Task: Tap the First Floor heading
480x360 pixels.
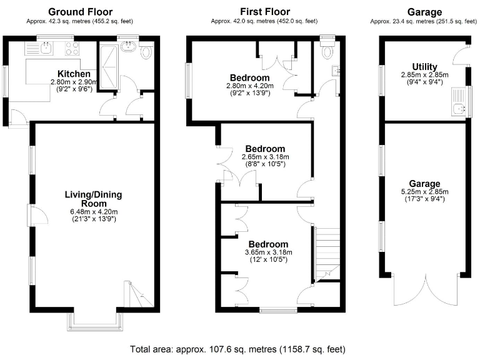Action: click(x=265, y=12)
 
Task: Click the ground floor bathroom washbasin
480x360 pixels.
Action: click(x=130, y=46)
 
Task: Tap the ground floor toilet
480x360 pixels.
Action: click(x=147, y=52)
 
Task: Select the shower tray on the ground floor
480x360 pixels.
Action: click(x=109, y=66)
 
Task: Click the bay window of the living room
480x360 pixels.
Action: click(x=94, y=320)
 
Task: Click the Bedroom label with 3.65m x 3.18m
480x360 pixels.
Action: click(x=268, y=244)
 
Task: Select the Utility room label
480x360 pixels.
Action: click(x=424, y=67)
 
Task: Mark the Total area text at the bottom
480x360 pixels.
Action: click(x=237, y=349)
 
